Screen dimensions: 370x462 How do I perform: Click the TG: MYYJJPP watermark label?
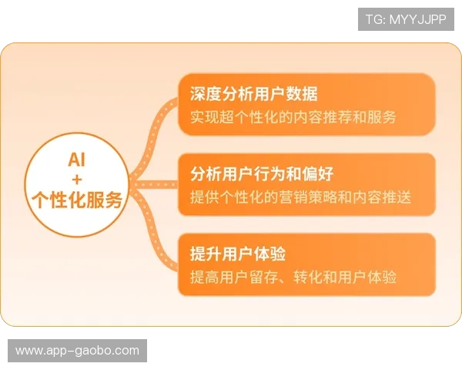(x=407, y=19)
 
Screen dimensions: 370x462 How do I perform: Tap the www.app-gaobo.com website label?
(x=77, y=351)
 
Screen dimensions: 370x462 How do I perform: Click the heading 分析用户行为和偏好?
(x=262, y=173)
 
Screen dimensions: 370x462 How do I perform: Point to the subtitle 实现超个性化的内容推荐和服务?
(x=293, y=118)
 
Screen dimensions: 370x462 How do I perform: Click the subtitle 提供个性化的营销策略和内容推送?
(x=301, y=197)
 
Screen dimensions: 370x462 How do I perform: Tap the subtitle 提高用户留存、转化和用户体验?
(x=293, y=277)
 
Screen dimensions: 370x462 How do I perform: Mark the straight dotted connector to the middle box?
(x=154, y=183)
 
